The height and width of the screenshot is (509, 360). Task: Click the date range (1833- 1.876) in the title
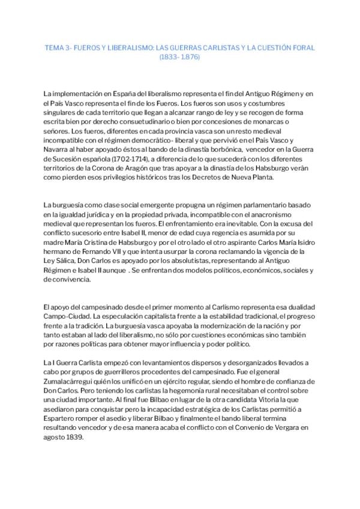(179, 57)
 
